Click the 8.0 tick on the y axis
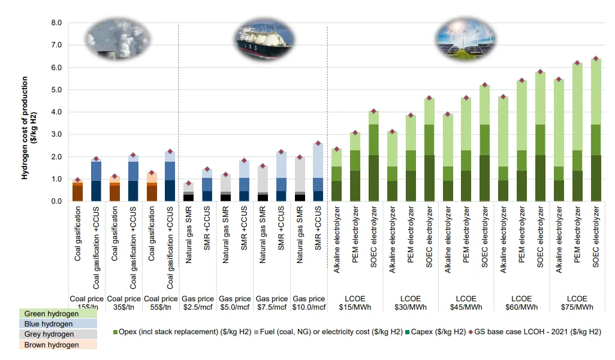click(x=56, y=23)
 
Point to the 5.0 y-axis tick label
click(x=56, y=90)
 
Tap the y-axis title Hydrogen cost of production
click(x=25, y=128)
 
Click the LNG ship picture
click(x=265, y=40)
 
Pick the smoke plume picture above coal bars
click(x=117, y=39)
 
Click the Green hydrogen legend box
click(x=58, y=314)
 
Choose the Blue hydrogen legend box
click(x=58, y=324)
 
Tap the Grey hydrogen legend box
click(x=58, y=334)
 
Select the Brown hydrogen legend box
click(x=58, y=344)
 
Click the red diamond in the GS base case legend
click(x=471, y=332)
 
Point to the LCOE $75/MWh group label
click(x=577, y=303)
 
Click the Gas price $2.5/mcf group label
click(x=198, y=303)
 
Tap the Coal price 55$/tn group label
click(x=161, y=303)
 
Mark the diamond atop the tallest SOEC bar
click(x=596, y=59)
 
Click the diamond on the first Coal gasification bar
click(x=78, y=180)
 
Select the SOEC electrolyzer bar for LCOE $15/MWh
click(x=373, y=156)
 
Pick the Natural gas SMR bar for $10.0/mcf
click(x=300, y=179)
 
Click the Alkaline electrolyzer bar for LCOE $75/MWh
click(x=559, y=140)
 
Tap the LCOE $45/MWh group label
click(x=466, y=303)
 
